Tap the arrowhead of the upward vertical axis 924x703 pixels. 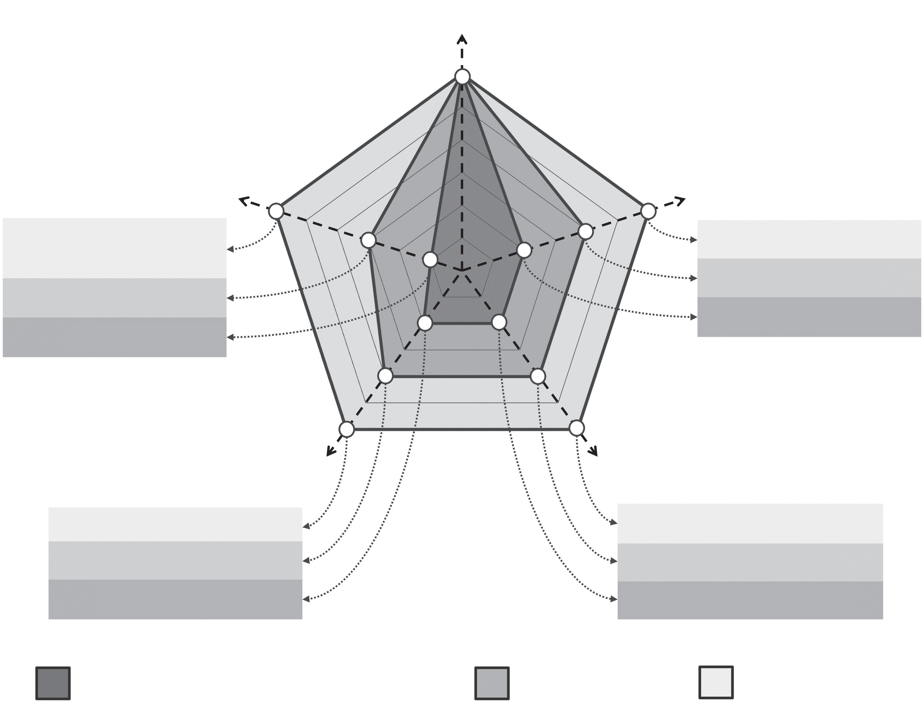[462, 38]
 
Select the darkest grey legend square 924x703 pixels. [53, 683]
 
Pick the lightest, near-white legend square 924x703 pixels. [716, 682]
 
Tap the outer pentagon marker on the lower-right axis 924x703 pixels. [576, 428]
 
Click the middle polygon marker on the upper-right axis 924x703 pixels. [585, 231]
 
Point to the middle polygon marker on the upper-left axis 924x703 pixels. [368, 240]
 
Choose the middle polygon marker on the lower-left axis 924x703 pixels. [385, 376]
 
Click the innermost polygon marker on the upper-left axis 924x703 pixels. [430, 259]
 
